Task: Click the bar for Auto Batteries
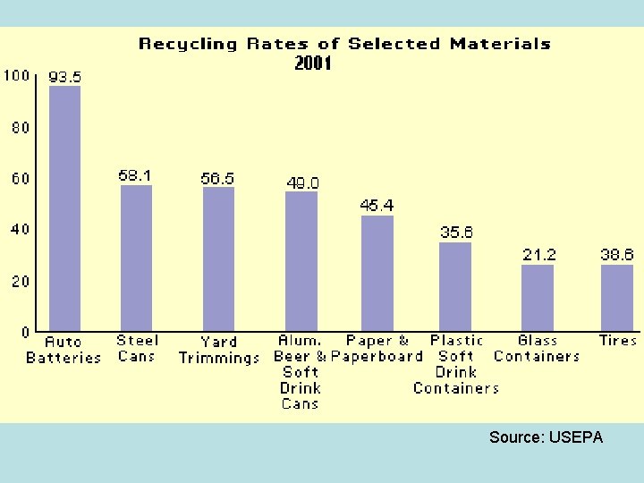click(x=64, y=208)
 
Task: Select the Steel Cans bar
click(x=136, y=258)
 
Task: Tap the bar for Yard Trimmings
click(x=218, y=258)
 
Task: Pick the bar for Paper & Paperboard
click(x=377, y=273)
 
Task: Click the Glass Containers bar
click(x=538, y=298)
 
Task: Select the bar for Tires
click(x=616, y=298)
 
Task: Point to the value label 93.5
click(x=64, y=78)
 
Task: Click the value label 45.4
click(x=377, y=206)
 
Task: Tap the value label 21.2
click(x=538, y=255)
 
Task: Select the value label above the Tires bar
click(x=616, y=255)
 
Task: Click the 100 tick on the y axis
click(x=17, y=75)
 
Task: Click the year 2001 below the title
click(x=313, y=64)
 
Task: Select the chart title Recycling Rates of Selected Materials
click(x=344, y=44)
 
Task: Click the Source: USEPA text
click(x=546, y=437)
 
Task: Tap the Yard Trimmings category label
click(x=219, y=350)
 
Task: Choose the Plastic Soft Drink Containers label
click(x=456, y=364)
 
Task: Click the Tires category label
click(x=617, y=341)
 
